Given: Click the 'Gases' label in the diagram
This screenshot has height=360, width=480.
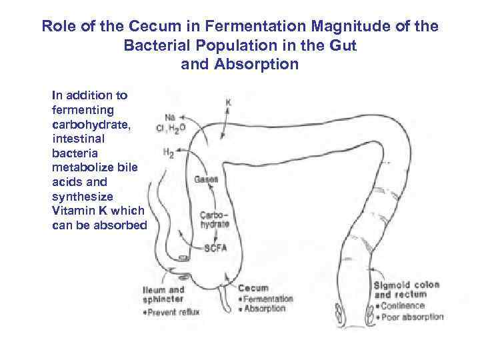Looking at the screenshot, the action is tap(206, 179).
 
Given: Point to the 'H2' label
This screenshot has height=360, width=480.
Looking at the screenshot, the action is tap(169, 153).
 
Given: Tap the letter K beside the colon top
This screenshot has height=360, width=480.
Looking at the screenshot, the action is tap(228, 104).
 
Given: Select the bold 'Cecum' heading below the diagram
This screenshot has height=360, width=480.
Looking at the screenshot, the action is tap(253, 288).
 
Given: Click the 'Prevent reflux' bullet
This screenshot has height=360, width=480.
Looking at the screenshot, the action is tap(174, 311).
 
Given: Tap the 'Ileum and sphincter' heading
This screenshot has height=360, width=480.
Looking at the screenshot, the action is tap(163, 295).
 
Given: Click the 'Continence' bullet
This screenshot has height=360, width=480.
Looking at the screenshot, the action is tap(402, 306).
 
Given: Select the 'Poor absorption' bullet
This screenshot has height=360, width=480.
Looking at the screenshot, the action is tap(411, 317).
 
